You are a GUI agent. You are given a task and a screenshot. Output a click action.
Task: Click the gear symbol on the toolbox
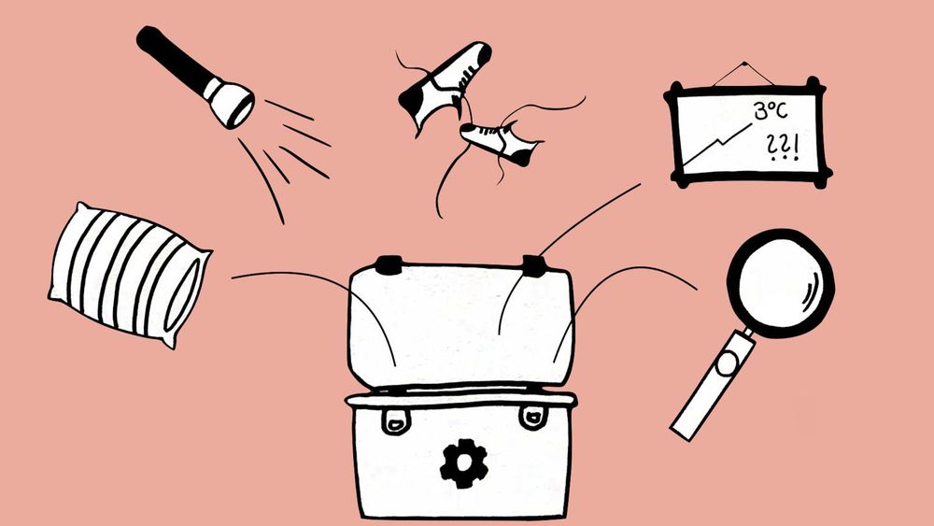(464, 463)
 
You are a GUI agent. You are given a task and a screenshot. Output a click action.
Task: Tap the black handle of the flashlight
(174, 60)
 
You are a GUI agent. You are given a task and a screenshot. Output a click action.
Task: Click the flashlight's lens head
(230, 103)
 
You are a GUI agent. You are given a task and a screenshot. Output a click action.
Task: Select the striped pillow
(129, 275)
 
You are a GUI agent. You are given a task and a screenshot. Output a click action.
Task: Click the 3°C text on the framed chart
(770, 111)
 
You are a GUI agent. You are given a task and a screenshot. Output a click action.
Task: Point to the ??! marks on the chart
(782, 147)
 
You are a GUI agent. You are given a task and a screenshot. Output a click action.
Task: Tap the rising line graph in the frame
(716, 144)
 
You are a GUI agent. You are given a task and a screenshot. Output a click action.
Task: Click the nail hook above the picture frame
(744, 64)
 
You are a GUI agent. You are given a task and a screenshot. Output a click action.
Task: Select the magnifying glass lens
(780, 283)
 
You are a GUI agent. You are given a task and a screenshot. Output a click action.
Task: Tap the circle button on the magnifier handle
(728, 363)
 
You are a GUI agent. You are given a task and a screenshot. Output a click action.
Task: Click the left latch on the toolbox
(394, 420)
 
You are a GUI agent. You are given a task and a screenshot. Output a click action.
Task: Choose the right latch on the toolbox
(532, 417)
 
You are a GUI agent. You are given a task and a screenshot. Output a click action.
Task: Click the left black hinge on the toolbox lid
(389, 265)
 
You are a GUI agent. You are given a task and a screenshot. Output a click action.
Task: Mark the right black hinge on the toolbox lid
(533, 265)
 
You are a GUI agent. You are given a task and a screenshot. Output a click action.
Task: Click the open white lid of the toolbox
(460, 324)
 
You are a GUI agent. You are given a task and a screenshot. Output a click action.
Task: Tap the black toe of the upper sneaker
(412, 105)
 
